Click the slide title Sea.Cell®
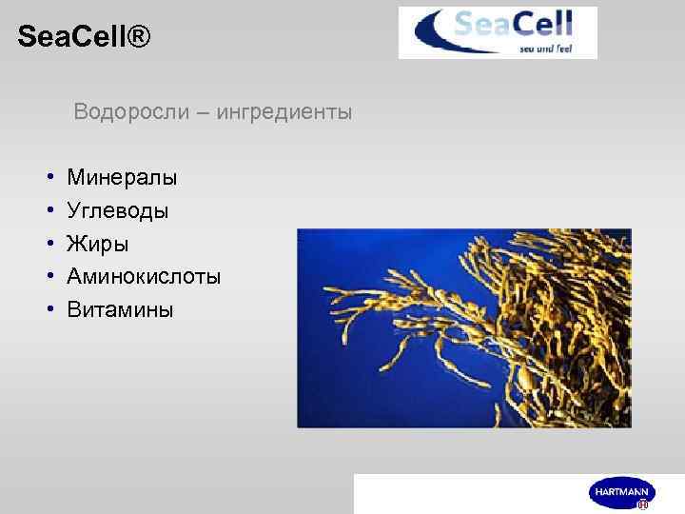pyautogui.click(x=84, y=38)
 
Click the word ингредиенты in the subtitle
pyautogui.click(x=284, y=112)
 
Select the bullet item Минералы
pyautogui.click(x=122, y=177)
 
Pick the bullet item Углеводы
pyautogui.click(x=118, y=210)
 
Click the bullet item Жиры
pyautogui.click(x=97, y=244)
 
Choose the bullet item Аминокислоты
pyautogui.click(x=144, y=277)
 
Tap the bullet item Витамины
pyautogui.click(x=120, y=310)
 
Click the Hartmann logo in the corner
pyautogui.click(x=622, y=493)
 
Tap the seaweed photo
pyautogui.click(x=464, y=327)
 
